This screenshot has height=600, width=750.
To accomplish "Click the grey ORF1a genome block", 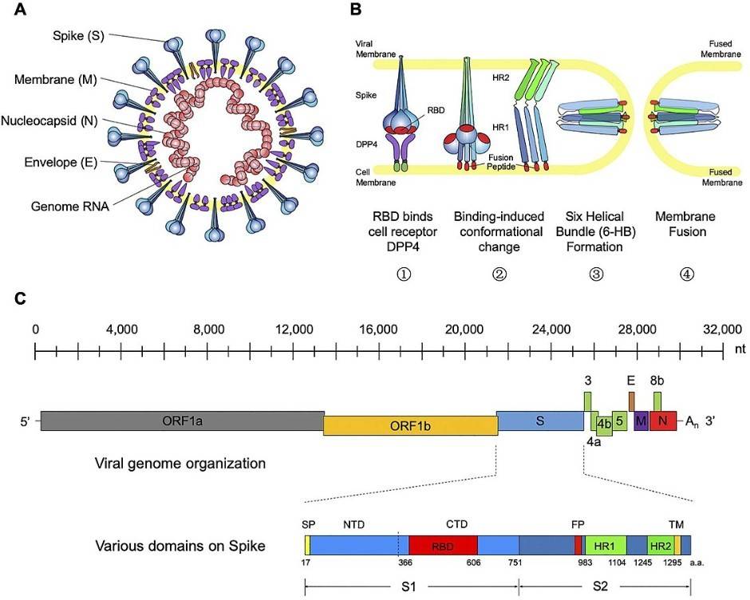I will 182,420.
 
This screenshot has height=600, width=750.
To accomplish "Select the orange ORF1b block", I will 410,425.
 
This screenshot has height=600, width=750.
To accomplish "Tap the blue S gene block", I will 540,420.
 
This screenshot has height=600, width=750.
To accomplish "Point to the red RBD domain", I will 443,546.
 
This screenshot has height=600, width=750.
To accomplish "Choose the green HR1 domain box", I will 605,546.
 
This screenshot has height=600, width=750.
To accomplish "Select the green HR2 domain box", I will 660,546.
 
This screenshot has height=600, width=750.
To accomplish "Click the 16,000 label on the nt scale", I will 379,329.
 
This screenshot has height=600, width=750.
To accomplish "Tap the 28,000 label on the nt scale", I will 637,329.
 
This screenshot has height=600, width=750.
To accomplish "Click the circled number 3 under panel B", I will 595,273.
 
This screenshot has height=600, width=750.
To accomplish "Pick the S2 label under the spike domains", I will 605,586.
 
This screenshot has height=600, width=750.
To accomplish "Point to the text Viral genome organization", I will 180,463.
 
